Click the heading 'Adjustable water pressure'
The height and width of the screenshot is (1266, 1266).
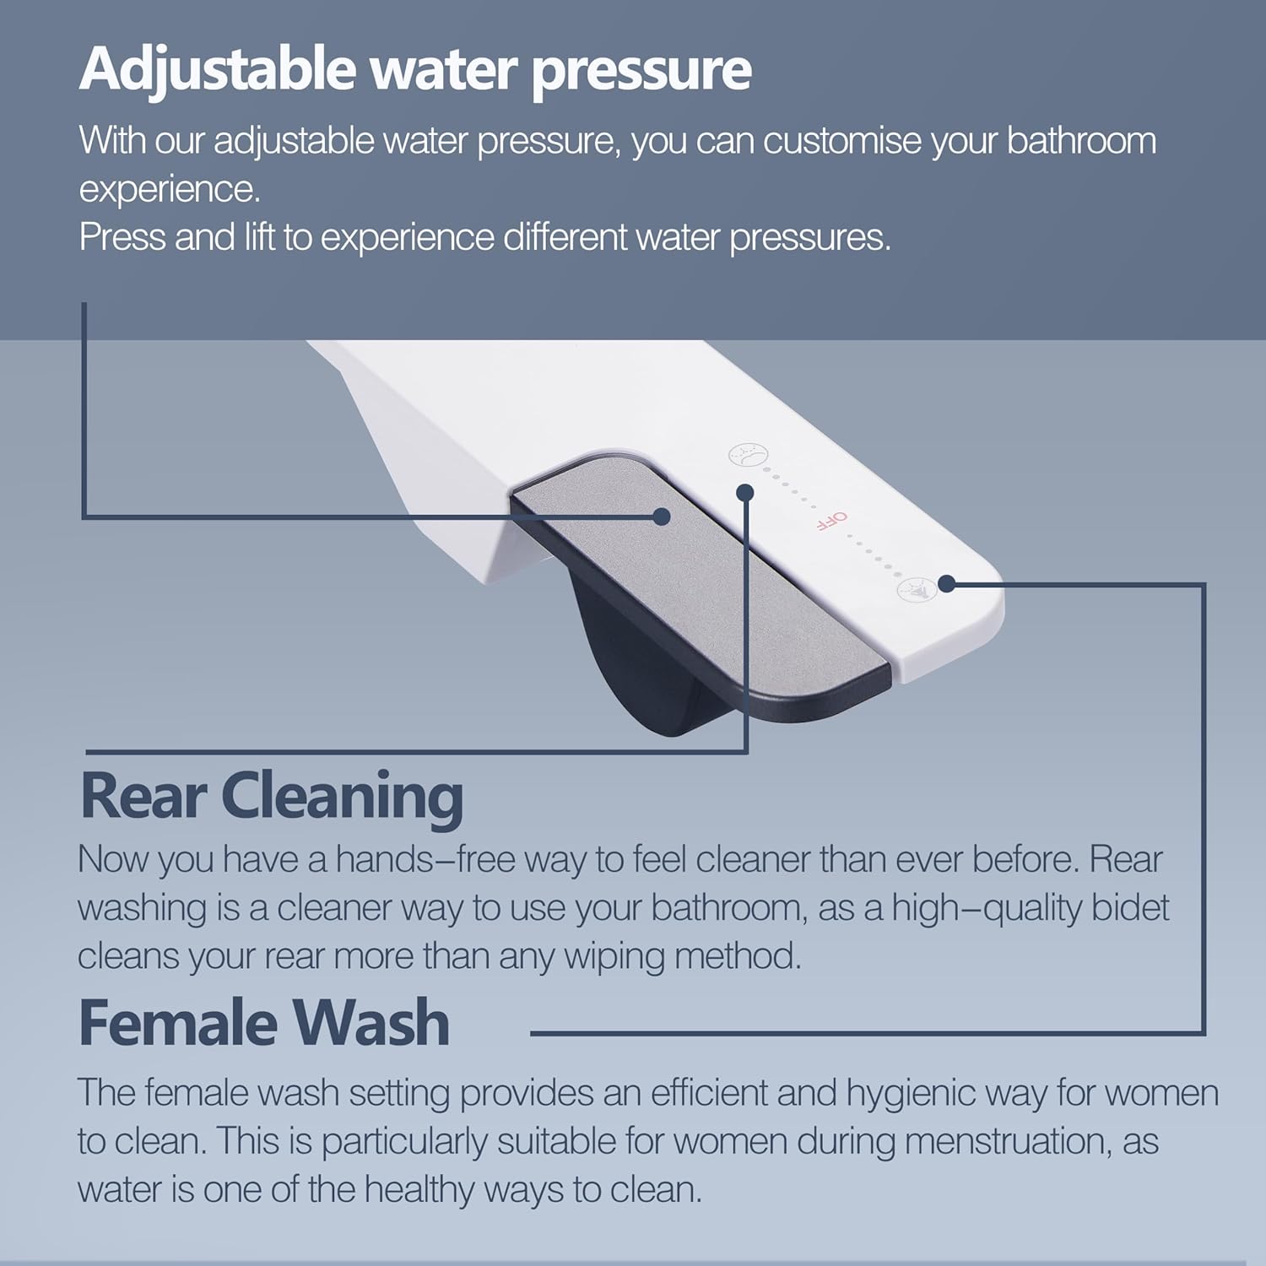415,69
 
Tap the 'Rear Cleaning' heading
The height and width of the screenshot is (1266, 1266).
272,796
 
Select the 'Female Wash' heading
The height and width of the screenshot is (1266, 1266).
264,1023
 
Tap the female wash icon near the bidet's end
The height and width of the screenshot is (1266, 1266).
917,589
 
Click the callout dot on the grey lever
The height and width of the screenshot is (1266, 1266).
662,517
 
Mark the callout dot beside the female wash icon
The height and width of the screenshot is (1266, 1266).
947,583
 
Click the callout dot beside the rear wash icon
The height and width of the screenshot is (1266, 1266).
744,491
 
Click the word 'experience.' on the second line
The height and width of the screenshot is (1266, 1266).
170,190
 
